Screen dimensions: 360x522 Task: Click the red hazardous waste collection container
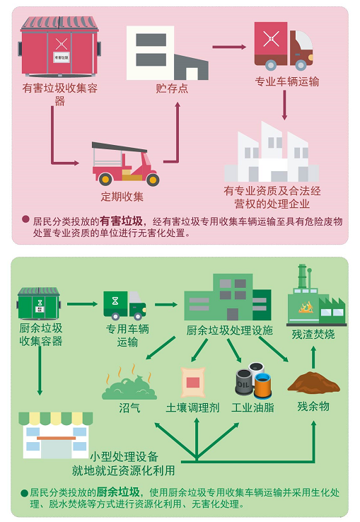59,46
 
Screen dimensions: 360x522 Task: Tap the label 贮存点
172,88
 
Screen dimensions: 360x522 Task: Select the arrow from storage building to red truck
229,47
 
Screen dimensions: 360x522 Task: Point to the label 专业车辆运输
286,81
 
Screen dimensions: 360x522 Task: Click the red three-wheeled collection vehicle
125,163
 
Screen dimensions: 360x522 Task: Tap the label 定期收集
122,197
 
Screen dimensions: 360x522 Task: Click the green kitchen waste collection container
39,303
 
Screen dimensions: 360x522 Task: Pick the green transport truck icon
124,305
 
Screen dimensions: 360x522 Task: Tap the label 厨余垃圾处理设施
229,330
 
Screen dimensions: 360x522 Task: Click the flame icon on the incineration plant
306,307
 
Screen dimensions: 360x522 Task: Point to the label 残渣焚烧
313,334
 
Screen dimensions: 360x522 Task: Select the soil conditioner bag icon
193,382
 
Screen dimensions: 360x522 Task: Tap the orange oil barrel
262,386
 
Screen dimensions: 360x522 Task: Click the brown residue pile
313,382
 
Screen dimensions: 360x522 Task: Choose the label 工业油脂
252,407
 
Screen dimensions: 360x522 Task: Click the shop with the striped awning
56,435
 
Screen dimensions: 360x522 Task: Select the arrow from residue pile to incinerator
313,357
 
